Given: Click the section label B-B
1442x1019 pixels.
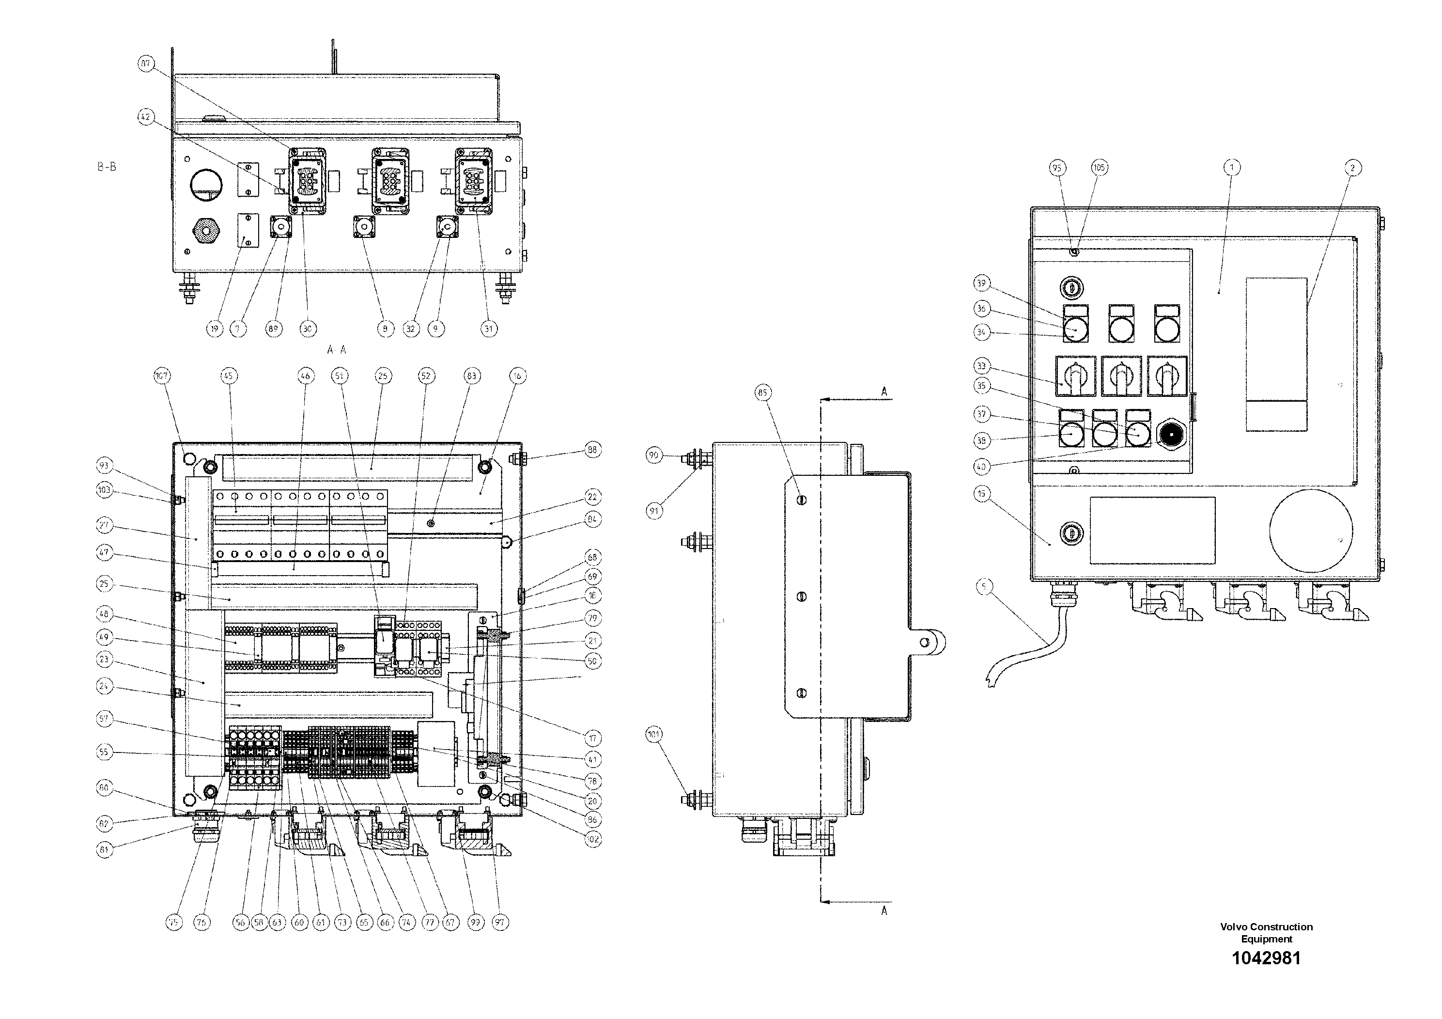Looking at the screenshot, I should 106,167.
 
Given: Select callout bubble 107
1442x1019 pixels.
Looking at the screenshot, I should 162,376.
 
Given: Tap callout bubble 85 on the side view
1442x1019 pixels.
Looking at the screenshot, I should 762,392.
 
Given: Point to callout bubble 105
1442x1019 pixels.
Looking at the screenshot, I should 1099,168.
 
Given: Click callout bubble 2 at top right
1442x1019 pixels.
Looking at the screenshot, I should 1352,168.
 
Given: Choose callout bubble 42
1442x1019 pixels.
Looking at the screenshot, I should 146,117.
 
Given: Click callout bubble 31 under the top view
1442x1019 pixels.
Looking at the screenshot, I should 489,328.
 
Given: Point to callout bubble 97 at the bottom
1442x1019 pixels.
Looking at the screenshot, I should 500,922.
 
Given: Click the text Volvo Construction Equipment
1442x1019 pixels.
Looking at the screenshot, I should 1266,932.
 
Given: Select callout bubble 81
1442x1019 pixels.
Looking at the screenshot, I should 104,849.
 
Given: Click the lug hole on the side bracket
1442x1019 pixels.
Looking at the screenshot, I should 925,642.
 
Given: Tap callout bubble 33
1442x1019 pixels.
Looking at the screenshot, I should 982,366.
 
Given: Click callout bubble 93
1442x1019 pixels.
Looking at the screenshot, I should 104,466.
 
